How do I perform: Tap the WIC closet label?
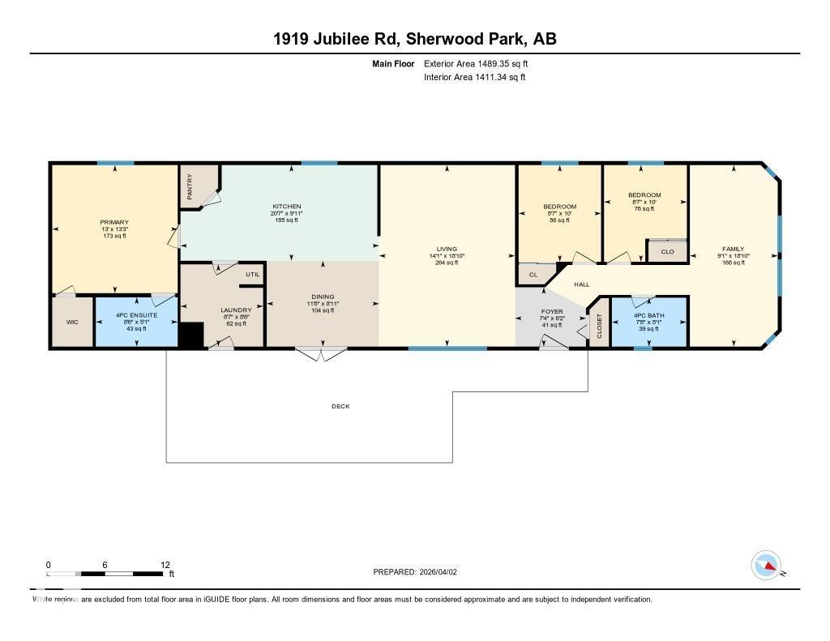[x=72, y=322]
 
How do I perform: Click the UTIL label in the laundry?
[x=251, y=275]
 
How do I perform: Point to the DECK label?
[x=340, y=406]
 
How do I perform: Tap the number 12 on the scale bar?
[x=165, y=565]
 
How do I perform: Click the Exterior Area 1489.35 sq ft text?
[x=476, y=63]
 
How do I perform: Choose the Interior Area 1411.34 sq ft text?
[x=475, y=77]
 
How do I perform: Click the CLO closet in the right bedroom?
[x=667, y=251]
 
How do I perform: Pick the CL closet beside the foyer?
[x=533, y=276]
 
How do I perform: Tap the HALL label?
[x=582, y=285]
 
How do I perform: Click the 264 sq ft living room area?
[x=447, y=263]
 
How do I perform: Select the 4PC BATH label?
[x=649, y=314]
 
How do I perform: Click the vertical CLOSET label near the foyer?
[x=600, y=327]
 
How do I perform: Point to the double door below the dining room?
[x=321, y=353]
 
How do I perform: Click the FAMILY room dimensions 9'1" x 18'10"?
[x=734, y=255]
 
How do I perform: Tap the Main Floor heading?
[x=394, y=63]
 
